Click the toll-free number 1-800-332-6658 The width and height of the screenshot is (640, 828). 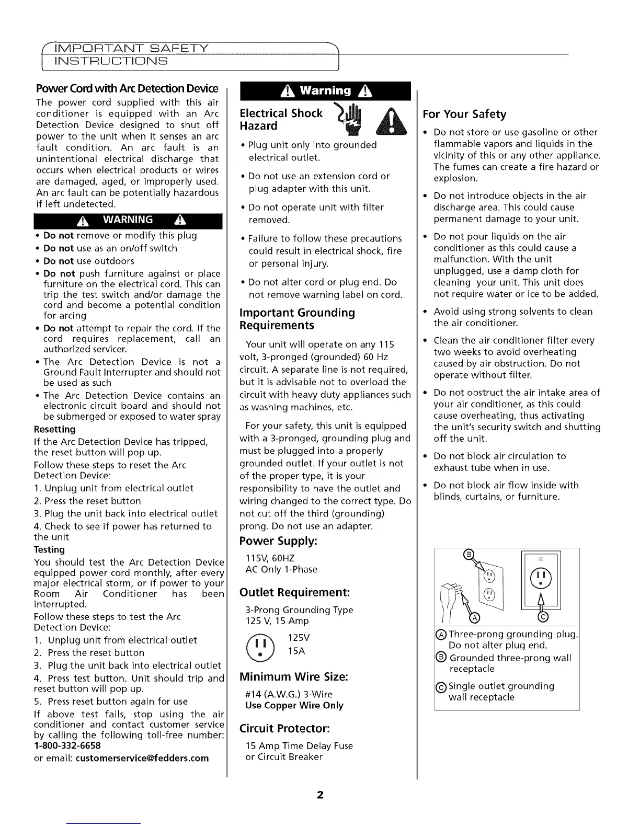[x=67, y=745]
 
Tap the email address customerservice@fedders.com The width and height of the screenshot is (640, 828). [x=142, y=758]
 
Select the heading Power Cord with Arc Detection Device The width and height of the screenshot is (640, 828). [x=126, y=88]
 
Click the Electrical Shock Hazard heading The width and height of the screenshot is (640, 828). [x=281, y=120]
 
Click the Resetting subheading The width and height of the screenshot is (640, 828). [x=54, y=429]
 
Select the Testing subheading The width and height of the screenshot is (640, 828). [x=49, y=549]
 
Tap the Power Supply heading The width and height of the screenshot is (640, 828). [x=278, y=540]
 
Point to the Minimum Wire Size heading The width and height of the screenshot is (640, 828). [x=293, y=677]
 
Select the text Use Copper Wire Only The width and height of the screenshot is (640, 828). [x=294, y=705]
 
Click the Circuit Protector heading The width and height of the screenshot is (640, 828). [x=284, y=728]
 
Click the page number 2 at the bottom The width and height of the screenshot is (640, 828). [x=320, y=795]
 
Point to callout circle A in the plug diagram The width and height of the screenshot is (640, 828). [x=475, y=619]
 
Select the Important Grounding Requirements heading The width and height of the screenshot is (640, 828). [x=297, y=319]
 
